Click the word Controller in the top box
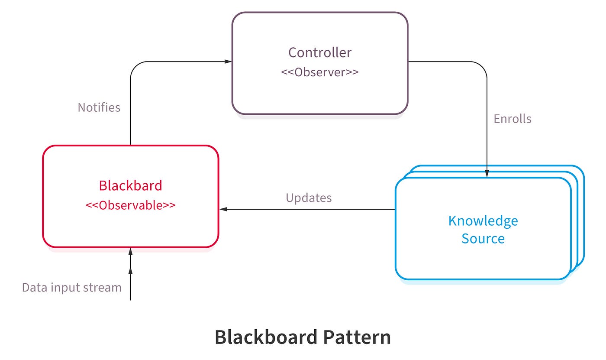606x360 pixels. click(320, 52)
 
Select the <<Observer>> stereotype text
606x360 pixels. click(320, 72)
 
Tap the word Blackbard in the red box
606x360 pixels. click(130, 185)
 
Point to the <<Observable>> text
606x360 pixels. click(130, 205)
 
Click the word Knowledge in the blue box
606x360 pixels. click(483, 221)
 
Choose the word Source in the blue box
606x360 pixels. click(483, 239)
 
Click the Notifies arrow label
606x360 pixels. click(99, 107)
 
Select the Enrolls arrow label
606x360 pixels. click(513, 119)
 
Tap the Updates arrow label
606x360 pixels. click(309, 198)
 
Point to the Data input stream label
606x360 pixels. click(72, 287)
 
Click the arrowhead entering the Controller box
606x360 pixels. click(228, 62)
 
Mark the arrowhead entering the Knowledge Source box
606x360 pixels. click(487, 174)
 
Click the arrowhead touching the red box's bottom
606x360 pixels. click(130, 252)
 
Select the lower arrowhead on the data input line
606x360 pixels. click(130, 270)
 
